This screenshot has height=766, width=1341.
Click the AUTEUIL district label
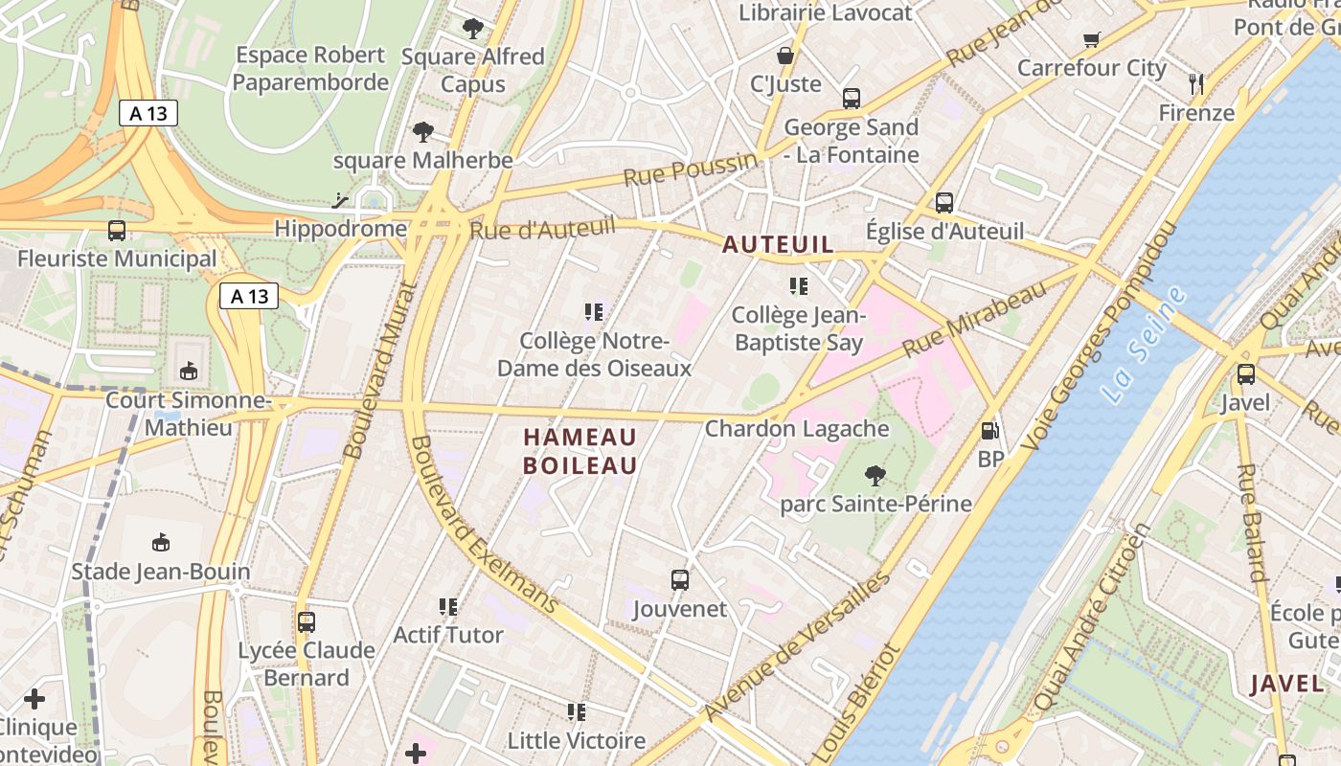[x=778, y=245]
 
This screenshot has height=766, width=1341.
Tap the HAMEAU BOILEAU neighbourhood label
[x=580, y=452]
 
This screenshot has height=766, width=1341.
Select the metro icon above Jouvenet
[x=680, y=580]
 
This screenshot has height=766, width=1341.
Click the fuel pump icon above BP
[x=990, y=432]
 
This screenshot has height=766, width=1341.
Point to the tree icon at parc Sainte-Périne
[x=875, y=475]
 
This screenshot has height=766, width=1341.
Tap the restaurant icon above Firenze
[x=1196, y=84]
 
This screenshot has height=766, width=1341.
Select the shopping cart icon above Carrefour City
[x=1091, y=39]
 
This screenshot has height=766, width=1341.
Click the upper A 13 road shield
[x=148, y=113]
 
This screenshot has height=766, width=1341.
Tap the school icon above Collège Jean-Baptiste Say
[x=798, y=286]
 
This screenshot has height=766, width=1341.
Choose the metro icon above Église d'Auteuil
[x=944, y=203]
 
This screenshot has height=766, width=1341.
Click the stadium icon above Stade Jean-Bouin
[x=161, y=543]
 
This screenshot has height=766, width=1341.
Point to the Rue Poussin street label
[x=689, y=170]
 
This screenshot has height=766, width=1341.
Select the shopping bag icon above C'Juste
[x=785, y=56]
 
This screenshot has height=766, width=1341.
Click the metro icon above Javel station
[x=1245, y=374]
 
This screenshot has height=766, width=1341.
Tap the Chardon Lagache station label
[x=797, y=429]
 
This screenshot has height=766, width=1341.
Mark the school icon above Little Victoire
[x=576, y=712]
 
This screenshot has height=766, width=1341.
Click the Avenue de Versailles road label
[x=797, y=645]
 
